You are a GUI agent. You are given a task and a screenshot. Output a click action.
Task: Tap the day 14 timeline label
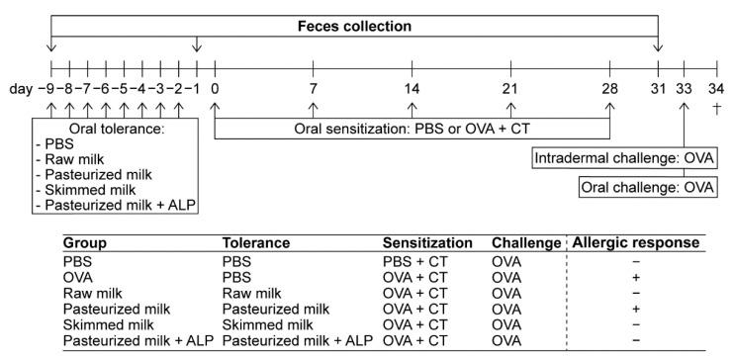tap(412, 89)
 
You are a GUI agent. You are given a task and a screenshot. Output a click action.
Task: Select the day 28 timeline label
tap(609, 89)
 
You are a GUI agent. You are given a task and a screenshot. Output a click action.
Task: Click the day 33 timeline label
tap(685, 89)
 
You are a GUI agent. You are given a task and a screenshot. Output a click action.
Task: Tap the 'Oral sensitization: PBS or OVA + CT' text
tap(412, 130)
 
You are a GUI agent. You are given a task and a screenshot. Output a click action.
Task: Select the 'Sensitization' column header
tap(427, 242)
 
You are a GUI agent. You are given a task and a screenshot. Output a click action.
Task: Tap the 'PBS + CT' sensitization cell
tap(413, 260)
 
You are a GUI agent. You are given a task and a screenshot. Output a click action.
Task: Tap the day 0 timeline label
tap(214, 89)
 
